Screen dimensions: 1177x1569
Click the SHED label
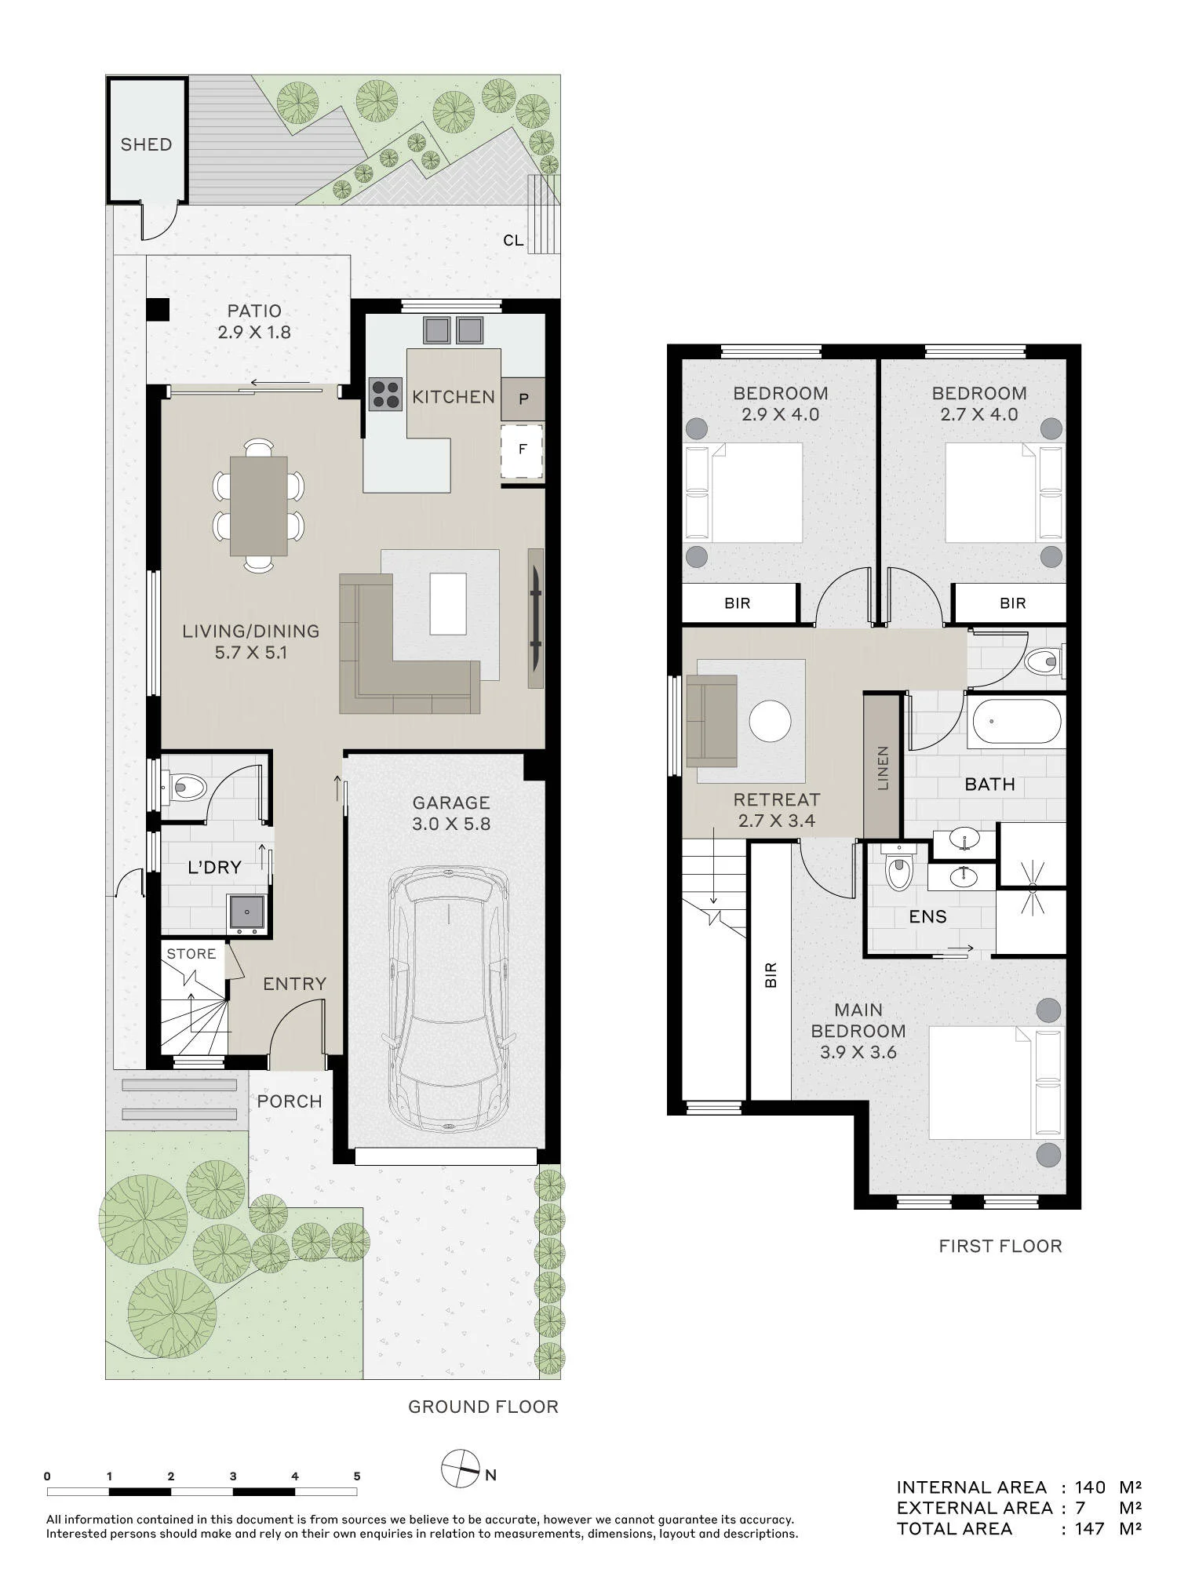coord(146,144)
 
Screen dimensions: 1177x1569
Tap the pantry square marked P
coord(523,399)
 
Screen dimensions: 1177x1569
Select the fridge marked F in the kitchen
coord(523,450)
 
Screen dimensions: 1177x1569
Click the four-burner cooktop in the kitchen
coord(384,395)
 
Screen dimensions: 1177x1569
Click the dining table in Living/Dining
coord(259,506)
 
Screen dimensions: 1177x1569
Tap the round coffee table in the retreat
coord(770,721)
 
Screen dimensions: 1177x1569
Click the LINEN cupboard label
coord(883,767)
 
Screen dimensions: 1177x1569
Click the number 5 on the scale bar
coord(357,1476)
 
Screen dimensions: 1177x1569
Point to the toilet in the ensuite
coord(896,869)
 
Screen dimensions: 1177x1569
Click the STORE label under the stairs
coord(191,954)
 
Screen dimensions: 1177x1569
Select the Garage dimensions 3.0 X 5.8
coord(451,824)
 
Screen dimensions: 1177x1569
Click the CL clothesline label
coord(513,241)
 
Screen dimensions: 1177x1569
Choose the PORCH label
coord(290,1101)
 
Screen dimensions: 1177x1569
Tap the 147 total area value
coord(1090,1528)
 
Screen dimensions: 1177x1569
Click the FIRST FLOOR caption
coord(1000,1246)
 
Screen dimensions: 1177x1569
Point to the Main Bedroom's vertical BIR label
coord(770,974)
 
